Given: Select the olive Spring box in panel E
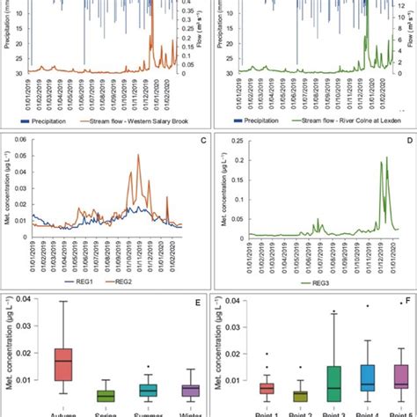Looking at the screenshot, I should pyautogui.click(x=105, y=395).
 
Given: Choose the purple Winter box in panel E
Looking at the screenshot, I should pyautogui.click(x=190, y=390).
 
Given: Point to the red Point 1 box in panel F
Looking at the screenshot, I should pyautogui.click(x=266, y=387).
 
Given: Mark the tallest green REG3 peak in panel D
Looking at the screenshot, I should pyautogui.click(x=385, y=157).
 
